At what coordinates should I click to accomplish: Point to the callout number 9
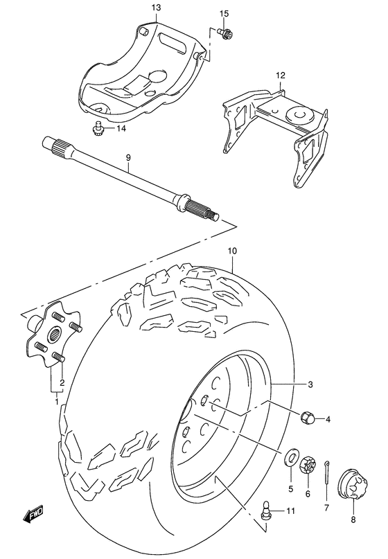127,158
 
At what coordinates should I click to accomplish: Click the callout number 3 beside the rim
310,384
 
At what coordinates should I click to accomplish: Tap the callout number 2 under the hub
62,382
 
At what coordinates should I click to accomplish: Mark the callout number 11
290,512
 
